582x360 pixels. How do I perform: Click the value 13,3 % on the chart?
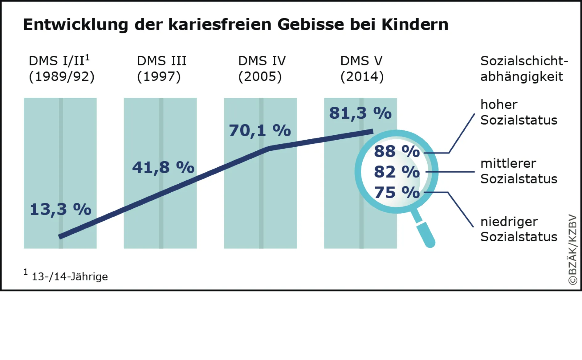coord(60,209)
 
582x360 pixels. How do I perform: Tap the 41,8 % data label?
coord(163,167)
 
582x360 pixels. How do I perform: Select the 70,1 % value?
coord(260,130)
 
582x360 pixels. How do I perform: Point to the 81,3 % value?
coord(360,113)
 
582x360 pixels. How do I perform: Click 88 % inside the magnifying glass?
coord(397,151)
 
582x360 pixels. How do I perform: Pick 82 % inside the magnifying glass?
coord(397,172)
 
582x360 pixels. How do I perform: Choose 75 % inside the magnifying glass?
coord(397,192)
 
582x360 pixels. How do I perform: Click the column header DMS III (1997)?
coord(161,69)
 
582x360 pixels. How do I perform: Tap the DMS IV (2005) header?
coord(262,69)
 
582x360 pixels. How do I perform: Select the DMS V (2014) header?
coord(362,69)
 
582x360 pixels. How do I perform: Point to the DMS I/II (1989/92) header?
coord(61,69)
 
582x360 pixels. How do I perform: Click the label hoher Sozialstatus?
coord(519,112)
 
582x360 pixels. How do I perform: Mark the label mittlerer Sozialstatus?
coord(519,171)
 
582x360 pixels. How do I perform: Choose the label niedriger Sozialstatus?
coord(519,229)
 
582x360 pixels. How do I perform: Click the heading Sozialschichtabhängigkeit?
coord(523,69)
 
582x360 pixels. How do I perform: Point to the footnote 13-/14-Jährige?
coord(70,276)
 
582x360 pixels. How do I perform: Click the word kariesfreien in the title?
coord(220,24)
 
